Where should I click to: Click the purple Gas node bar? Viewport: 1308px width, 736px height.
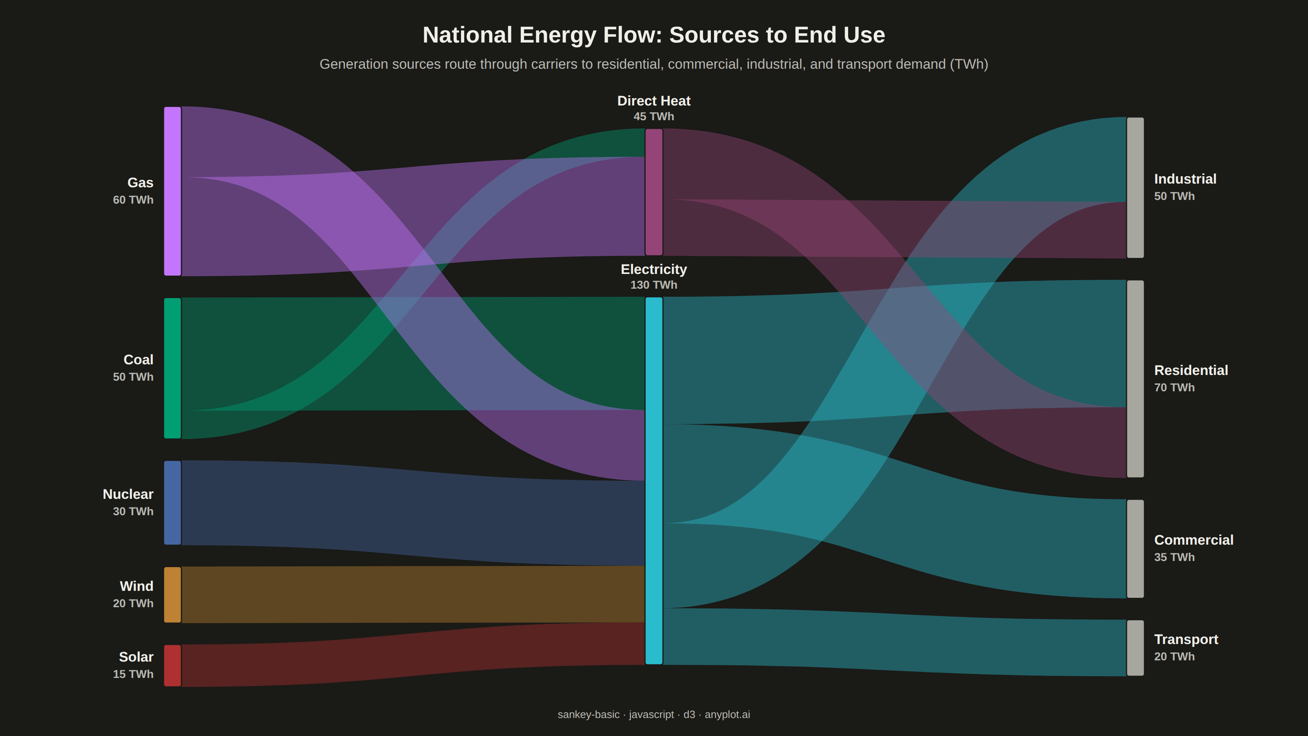[172, 191]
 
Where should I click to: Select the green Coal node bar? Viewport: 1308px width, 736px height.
[172, 368]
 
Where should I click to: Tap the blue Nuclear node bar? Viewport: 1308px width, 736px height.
[172, 503]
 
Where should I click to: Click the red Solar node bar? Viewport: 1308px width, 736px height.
[172, 665]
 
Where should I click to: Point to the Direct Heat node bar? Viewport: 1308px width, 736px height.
[654, 192]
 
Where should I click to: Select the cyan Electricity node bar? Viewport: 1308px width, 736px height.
[654, 480]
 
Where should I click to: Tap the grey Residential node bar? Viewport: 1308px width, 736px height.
[1136, 379]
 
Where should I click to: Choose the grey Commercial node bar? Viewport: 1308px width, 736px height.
[1136, 549]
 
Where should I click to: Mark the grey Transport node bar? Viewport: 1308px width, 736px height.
[1136, 648]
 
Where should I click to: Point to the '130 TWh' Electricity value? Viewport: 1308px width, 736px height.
[654, 285]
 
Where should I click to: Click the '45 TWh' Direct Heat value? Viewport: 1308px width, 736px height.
[654, 116]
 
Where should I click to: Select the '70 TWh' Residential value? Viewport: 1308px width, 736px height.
[1174, 388]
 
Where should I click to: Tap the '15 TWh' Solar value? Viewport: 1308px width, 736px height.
[133, 674]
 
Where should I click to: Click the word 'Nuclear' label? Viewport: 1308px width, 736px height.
[128, 494]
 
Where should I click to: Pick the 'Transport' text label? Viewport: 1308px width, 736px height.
[1186, 640]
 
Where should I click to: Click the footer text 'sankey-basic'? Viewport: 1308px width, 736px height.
[589, 715]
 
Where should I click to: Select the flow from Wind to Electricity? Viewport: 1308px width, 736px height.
[413, 594]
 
